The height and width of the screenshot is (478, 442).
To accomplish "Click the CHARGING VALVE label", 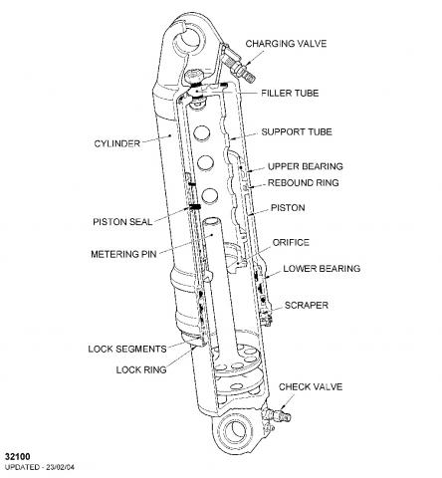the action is tap(286, 44).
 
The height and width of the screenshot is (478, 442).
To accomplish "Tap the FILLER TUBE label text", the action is tap(290, 93).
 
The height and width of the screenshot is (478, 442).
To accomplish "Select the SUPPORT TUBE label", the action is tap(297, 131).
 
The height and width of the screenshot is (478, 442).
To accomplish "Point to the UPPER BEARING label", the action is tap(306, 166).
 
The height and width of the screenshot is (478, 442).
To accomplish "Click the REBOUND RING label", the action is tap(304, 183).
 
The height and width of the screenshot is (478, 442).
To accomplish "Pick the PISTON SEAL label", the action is tap(122, 222).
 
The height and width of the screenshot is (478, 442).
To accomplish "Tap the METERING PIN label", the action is tap(123, 254).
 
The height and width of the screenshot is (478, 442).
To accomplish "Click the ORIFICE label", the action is tap(291, 243).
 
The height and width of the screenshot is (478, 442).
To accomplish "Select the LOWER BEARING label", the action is tap(322, 269).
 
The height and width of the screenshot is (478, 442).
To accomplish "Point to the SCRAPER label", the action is tap(307, 306).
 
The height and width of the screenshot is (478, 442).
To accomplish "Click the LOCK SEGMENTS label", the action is tap(127, 350).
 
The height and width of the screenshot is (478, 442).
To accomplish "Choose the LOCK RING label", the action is tap(141, 369).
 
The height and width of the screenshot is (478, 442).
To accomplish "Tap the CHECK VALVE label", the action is tap(311, 387).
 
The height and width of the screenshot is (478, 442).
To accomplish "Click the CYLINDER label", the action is tap(117, 143).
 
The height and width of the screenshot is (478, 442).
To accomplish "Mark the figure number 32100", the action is tap(17, 457).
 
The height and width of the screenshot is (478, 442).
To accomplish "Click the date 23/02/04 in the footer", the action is tap(61, 467).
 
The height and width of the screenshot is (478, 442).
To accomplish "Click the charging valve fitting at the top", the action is tap(238, 66).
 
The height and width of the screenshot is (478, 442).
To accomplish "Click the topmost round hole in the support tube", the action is tap(202, 133).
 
